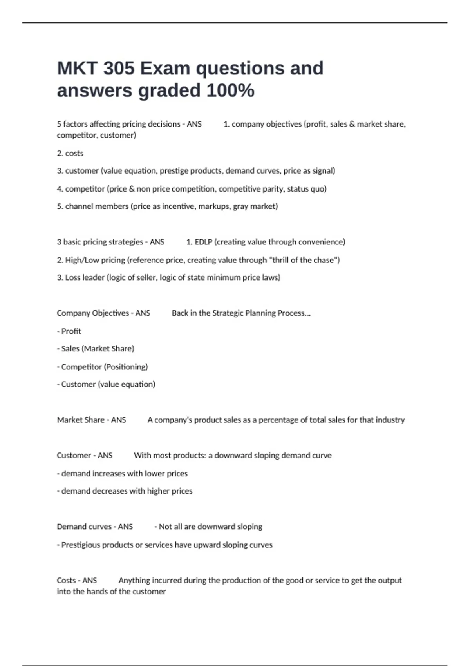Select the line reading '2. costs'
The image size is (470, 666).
(x=70, y=153)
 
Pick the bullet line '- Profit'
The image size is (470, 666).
(x=69, y=331)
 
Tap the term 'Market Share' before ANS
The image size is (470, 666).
(x=80, y=420)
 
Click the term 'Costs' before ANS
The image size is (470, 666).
(x=66, y=580)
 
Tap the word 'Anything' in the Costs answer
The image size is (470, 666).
(x=134, y=580)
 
